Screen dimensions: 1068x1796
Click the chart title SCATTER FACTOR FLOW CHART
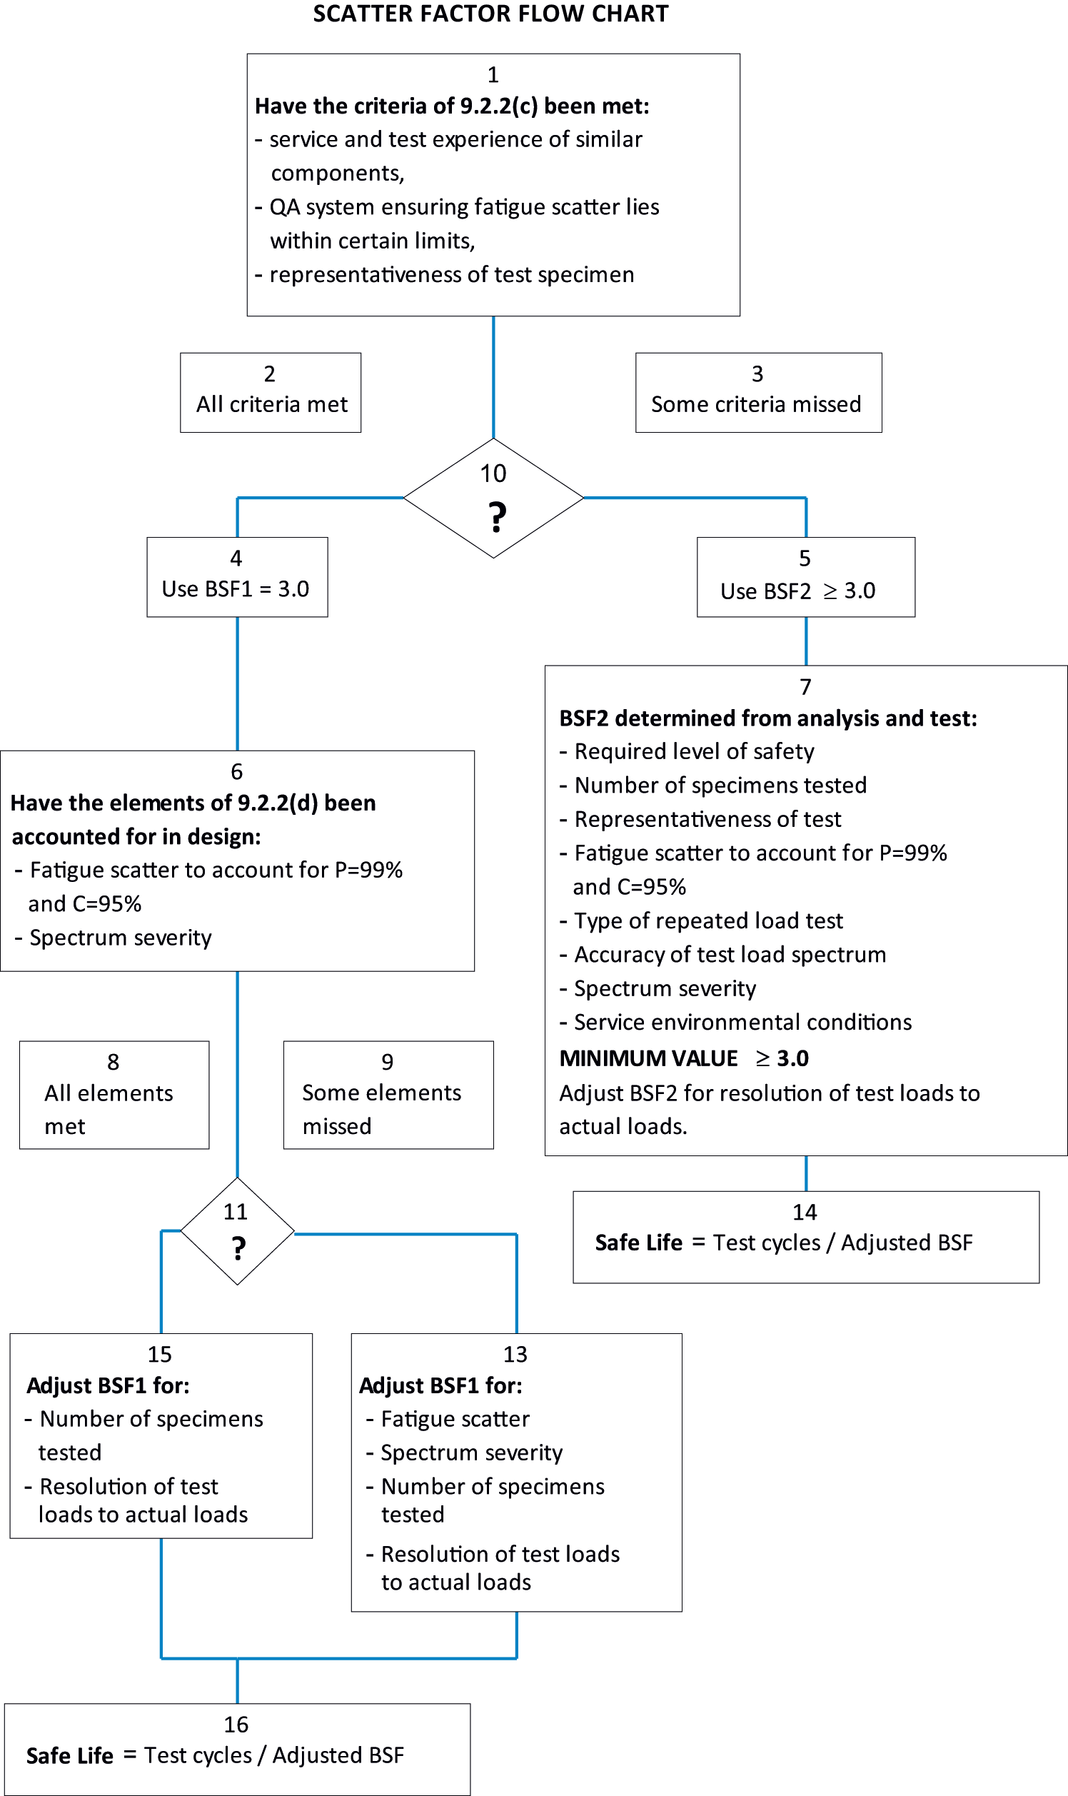pyautogui.click(x=491, y=14)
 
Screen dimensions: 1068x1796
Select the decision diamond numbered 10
pyautogui.click(x=493, y=498)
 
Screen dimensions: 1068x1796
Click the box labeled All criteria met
pyautogui.click(x=271, y=392)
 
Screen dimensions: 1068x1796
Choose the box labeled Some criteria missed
pyautogui.click(x=759, y=392)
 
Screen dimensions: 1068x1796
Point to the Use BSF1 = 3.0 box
pyautogui.click(x=238, y=576)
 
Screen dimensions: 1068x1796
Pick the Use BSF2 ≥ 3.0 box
pyautogui.click(x=806, y=576)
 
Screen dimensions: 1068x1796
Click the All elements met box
pyautogui.click(x=114, y=1095)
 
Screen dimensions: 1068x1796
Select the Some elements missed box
pyautogui.click(x=388, y=1095)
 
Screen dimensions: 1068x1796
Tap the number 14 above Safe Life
pyautogui.click(x=805, y=1212)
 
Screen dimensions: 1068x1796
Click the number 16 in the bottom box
pyautogui.click(x=236, y=1725)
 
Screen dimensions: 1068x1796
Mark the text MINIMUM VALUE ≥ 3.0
pyautogui.click(x=684, y=1058)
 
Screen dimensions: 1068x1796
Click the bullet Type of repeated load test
pyautogui.click(x=701, y=920)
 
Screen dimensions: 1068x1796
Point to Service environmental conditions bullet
pyautogui.click(x=735, y=1022)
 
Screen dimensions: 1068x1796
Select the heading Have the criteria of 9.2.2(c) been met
pyautogui.click(x=452, y=106)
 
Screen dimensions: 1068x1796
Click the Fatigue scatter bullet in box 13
pyautogui.click(x=448, y=1419)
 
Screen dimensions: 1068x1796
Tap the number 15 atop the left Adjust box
pyautogui.click(x=160, y=1354)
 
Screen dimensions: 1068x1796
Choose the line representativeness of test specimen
pyautogui.click(x=444, y=274)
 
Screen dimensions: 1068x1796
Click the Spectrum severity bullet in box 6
pyautogui.click(x=113, y=938)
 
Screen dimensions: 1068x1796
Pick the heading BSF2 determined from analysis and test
pyautogui.click(x=768, y=718)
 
